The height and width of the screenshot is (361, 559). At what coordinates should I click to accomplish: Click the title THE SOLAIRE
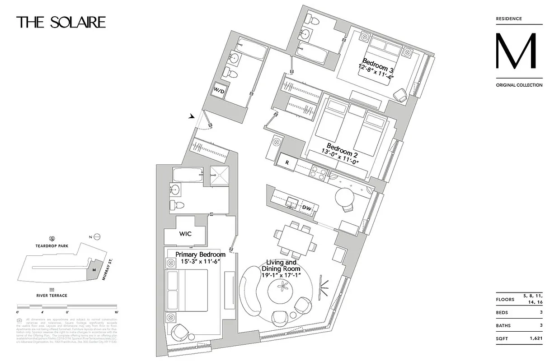tap(61, 23)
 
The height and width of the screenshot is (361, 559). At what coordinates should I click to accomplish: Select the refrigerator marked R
tap(287, 162)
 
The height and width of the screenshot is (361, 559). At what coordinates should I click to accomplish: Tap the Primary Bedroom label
tap(200, 255)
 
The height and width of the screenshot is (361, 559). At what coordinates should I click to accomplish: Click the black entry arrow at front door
tap(192, 116)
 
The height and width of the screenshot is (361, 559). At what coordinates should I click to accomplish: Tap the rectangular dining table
tap(293, 238)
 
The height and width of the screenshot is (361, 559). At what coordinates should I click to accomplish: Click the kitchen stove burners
tap(317, 173)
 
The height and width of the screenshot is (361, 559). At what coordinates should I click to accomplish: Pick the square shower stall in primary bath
tap(220, 175)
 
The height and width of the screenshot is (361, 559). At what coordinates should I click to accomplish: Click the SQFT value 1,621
tap(536, 338)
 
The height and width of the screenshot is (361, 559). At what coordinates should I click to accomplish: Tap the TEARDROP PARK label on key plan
tap(52, 246)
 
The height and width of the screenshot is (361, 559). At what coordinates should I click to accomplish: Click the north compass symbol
tap(96, 237)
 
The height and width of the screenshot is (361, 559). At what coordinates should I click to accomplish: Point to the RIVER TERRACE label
tap(52, 296)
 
